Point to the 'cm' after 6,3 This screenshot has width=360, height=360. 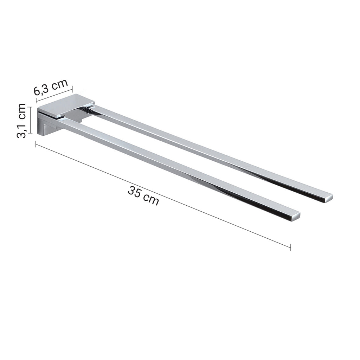click(59, 84)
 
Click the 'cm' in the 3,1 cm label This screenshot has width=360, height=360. click(22, 111)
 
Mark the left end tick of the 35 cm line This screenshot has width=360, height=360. click(36, 144)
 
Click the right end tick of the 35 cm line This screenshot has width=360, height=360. click(290, 247)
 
